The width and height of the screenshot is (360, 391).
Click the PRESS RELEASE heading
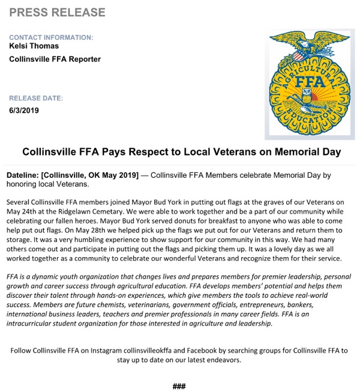click(58, 13)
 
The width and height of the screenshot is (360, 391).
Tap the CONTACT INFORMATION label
click(52, 37)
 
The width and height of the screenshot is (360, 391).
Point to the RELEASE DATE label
click(37, 98)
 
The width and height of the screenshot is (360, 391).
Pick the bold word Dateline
click(22, 175)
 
